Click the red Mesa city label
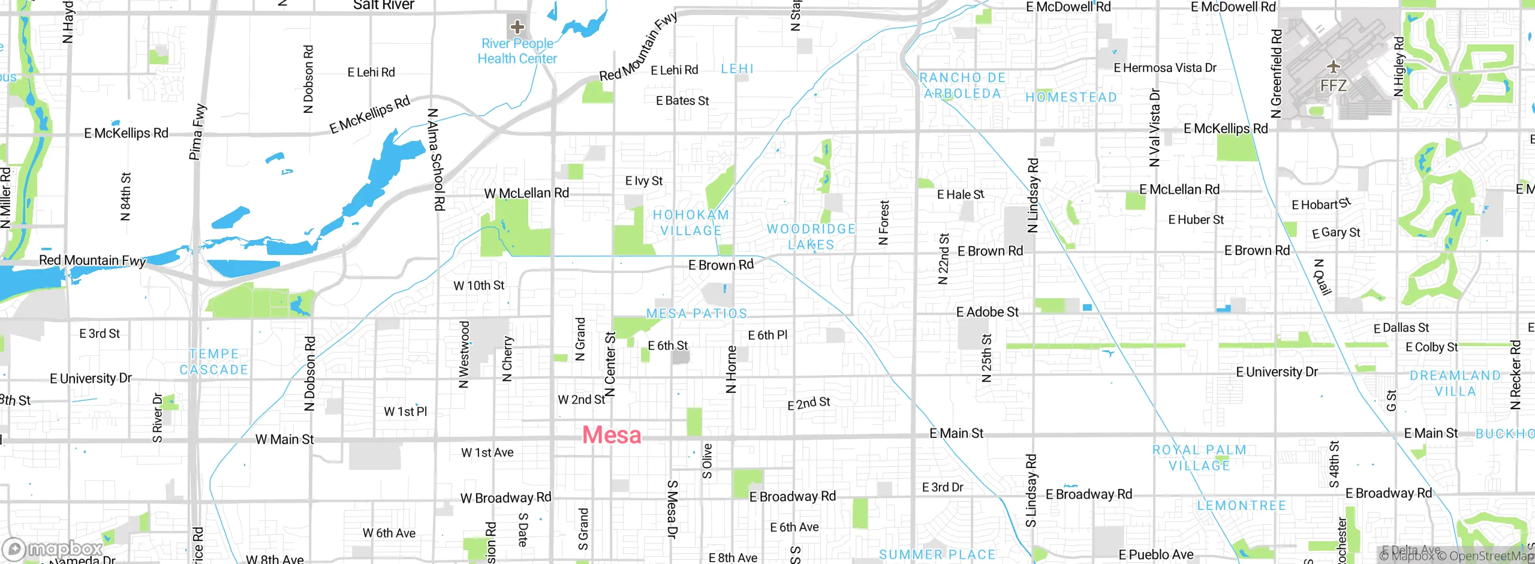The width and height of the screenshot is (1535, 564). [612, 435]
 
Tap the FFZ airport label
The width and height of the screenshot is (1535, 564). [1334, 86]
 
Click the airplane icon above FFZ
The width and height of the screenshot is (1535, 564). [1333, 66]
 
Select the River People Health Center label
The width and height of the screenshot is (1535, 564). [517, 51]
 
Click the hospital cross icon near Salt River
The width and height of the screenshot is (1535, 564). [517, 26]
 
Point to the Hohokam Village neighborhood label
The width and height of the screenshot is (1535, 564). [691, 223]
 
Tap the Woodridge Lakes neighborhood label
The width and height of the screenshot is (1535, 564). [811, 236]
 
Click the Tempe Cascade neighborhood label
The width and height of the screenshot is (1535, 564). [214, 362]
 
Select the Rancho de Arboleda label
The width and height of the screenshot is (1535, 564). [962, 85]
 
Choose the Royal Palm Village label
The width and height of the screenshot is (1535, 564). [1199, 457]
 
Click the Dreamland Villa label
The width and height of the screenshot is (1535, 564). [1455, 383]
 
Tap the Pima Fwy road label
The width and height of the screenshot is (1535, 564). [197, 132]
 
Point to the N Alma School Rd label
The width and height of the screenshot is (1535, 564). [436, 160]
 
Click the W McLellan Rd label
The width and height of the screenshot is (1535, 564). [526, 193]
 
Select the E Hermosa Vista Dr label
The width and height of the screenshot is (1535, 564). [1165, 68]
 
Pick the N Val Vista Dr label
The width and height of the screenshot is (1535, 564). [1154, 127]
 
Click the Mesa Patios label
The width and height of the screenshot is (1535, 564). [697, 313]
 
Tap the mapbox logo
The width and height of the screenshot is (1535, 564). [53, 548]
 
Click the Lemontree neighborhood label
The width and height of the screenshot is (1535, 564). [1242, 506]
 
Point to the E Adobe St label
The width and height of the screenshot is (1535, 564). [987, 312]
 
